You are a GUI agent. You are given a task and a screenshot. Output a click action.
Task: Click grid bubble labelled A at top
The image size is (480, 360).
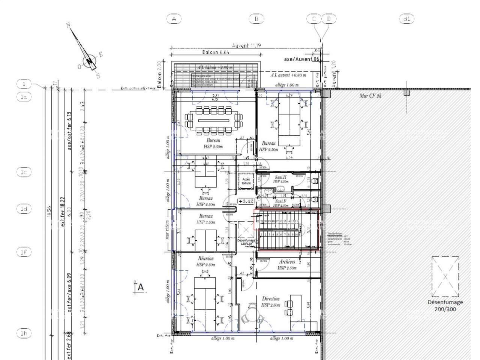(174, 19)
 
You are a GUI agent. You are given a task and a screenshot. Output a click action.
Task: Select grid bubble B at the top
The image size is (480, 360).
(256, 19)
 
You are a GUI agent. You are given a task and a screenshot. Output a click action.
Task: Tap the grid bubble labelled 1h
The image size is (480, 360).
(24, 333)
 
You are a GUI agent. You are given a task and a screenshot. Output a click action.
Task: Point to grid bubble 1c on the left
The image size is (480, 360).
(24, 172)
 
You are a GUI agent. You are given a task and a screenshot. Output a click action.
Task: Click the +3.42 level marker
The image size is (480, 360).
(246, 201)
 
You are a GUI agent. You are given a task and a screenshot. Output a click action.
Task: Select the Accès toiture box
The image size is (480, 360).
(246, 181)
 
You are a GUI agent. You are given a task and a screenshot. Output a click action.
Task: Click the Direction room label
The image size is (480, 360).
(271, 299)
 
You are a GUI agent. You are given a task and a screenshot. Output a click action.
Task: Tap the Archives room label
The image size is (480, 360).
(287, 262)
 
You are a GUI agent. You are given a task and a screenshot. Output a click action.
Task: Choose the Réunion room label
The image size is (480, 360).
(206, 259)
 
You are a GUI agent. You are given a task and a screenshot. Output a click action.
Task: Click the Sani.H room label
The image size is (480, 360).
(281, 177)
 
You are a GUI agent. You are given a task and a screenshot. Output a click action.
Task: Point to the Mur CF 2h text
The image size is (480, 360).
(370, 96)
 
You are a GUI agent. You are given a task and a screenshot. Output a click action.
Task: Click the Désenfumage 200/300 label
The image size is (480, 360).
(445, 306)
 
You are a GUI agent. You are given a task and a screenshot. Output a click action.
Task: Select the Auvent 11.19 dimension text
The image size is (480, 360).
(246, 46)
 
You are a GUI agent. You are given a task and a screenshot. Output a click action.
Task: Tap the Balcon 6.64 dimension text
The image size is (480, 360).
(216, 52)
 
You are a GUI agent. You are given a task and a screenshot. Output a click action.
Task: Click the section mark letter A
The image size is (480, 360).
(141, 287)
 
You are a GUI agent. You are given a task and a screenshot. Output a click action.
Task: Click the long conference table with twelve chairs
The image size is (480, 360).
(213, 120)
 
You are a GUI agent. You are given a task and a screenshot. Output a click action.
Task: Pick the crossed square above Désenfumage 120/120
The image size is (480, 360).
(246, 229)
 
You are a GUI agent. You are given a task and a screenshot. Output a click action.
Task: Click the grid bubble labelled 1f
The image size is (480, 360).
(24, 252)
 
